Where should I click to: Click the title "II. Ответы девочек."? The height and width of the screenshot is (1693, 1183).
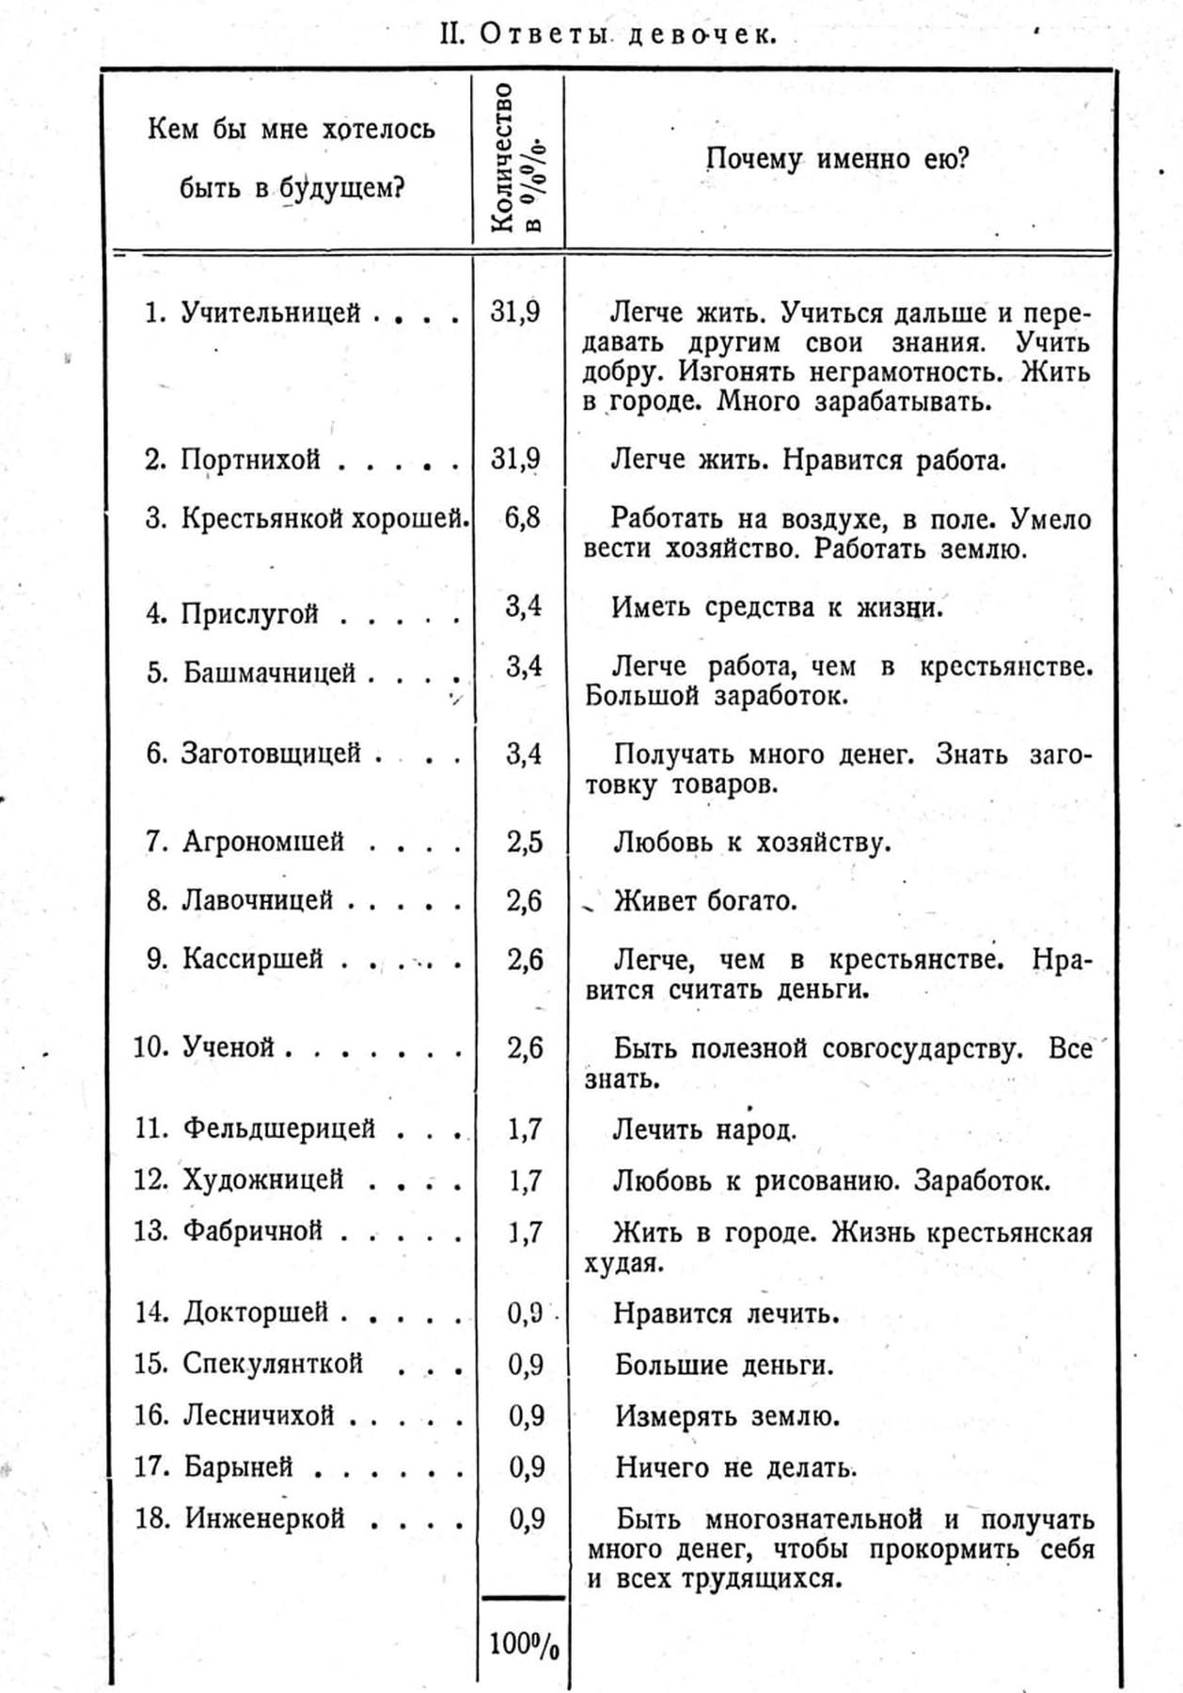(608, 34)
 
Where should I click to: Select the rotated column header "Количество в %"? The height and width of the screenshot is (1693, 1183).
(518, 157)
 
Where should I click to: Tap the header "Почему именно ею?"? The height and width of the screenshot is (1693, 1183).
(837, 158)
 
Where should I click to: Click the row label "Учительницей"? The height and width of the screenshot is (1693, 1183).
(271, 312)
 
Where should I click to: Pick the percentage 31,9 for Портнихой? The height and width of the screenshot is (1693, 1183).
(515, 459)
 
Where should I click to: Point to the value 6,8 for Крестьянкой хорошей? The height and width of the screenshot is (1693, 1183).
(522, 517)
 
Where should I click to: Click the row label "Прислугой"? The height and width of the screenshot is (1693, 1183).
(250, 614)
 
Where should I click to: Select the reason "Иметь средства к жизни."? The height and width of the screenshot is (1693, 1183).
(776, 608)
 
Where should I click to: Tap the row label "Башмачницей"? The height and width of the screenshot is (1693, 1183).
(269, 672)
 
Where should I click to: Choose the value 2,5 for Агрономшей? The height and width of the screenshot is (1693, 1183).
(525, 842)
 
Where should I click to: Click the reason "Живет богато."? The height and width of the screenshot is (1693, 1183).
(705, 901)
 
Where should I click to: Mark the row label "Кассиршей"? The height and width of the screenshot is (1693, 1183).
(253, 958)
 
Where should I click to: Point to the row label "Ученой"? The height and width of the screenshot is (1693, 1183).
(229, 1047)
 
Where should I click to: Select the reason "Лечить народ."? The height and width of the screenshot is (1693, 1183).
(704, 1129)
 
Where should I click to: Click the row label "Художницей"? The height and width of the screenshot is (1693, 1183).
(263, 1179)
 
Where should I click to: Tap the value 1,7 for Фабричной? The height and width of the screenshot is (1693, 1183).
(525, 1231)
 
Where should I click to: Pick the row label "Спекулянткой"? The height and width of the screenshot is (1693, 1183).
(273, 1363)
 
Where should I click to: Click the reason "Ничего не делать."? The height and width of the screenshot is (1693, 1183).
(735, 1467)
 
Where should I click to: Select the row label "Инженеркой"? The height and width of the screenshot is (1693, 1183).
(265, 1518)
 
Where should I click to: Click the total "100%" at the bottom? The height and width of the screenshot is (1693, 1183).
(524, 1645)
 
